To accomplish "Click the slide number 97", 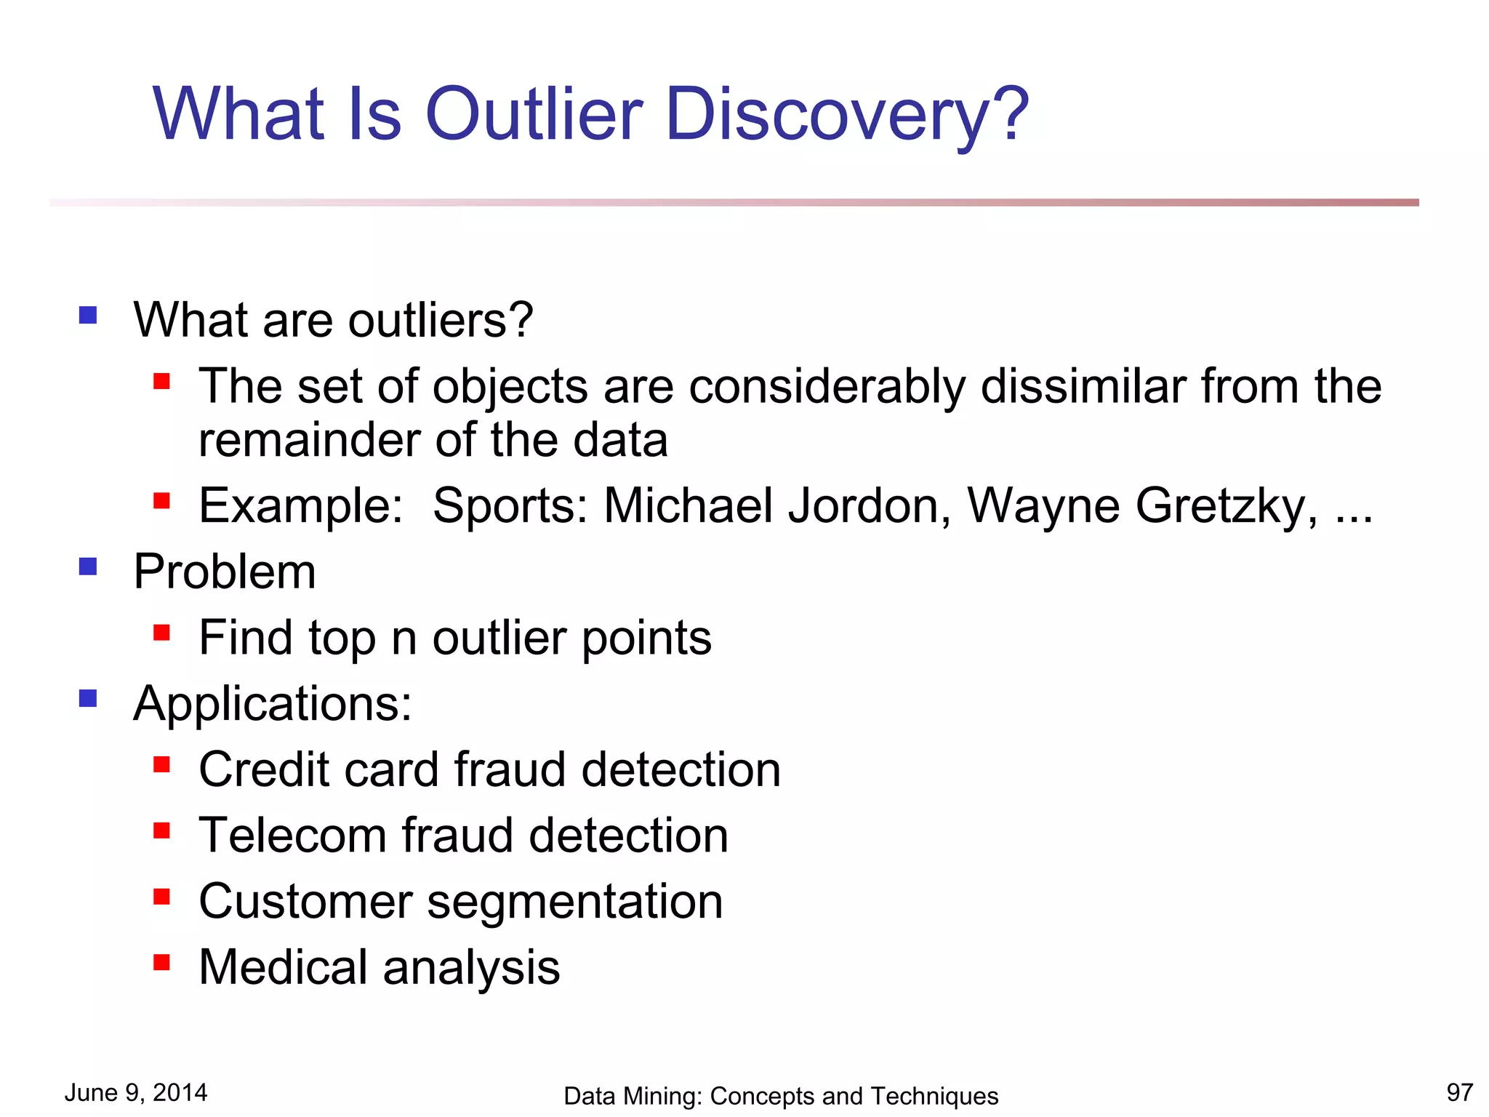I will click(x=1459, y=1092).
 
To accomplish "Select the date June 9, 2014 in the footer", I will click(x=136, y=1092).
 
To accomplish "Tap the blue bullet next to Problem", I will click(x=88, y=566).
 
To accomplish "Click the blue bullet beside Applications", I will click(x=88, y=698).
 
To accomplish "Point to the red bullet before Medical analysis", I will click(x=161, y=962).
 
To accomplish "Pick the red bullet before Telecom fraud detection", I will click(x=161, y=830).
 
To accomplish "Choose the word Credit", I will click(x=265, y=770).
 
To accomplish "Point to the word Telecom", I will click(x=292, y=836).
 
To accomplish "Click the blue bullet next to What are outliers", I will click(x=88, y=315).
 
